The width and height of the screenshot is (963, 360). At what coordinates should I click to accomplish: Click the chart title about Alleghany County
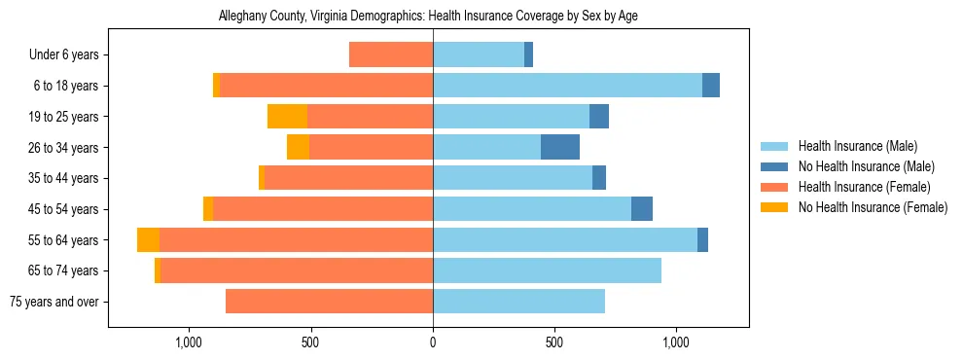click(x=428, y=17)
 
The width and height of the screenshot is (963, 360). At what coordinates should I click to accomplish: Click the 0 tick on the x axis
click(x=433, y=342)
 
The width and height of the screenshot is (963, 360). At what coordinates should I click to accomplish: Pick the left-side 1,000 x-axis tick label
click(x=188, y=342)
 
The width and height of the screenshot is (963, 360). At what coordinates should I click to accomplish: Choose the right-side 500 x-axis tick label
click(x=553, y=342)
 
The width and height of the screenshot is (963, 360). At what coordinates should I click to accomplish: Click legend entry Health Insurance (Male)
click(x=857, y=146)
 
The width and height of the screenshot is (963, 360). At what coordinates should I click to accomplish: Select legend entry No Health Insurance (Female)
click(x=873, y=207)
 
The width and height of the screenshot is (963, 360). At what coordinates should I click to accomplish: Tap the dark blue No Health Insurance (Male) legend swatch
click(x=775, y=166)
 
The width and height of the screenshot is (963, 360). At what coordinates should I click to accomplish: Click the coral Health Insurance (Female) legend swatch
click(x=775, y=187)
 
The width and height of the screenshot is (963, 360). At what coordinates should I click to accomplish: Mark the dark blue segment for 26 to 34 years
click(x=560, y=147)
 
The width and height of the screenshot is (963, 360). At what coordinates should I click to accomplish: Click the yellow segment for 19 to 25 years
click(x=287, y=117)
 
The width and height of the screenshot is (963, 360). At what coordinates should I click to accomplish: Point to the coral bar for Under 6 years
click(x=391, y=54)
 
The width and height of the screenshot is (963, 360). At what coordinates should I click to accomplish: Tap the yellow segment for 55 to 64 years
click(x=148, y=239)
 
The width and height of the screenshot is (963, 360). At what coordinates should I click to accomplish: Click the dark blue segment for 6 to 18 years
click(x=711, y=86)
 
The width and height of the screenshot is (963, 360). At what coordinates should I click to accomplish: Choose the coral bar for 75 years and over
click(x=329, y=302)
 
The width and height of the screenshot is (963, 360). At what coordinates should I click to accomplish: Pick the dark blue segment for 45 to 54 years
click(x=642, y=209)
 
